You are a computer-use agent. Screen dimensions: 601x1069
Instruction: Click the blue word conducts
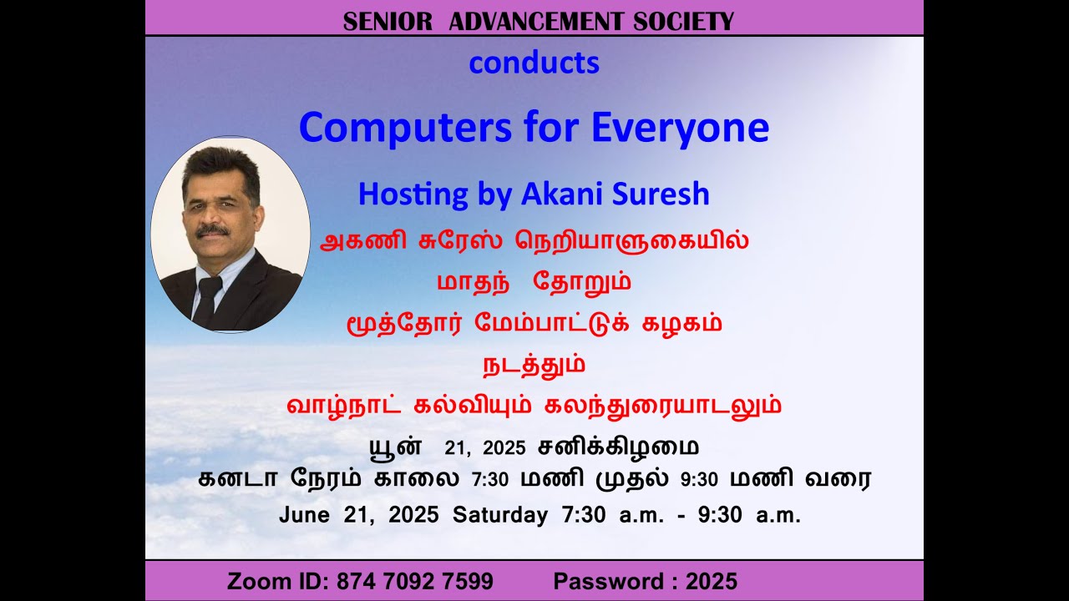tap(534, 63)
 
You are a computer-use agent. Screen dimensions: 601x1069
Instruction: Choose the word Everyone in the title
tap(680, 128)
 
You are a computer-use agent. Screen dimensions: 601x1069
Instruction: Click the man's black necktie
tap(207, 300)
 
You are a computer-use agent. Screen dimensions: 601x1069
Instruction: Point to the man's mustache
tap(212, 230)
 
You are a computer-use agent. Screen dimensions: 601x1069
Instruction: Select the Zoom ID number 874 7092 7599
tap(415, 581)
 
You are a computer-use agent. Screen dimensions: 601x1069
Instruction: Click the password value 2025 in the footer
tap(712, 581)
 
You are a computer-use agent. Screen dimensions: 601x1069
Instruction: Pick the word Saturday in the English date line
tap(500, 515)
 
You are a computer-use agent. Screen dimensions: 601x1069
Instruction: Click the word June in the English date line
tap(305, 515)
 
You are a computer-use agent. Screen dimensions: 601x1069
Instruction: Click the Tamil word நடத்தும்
tap(534, 366)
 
